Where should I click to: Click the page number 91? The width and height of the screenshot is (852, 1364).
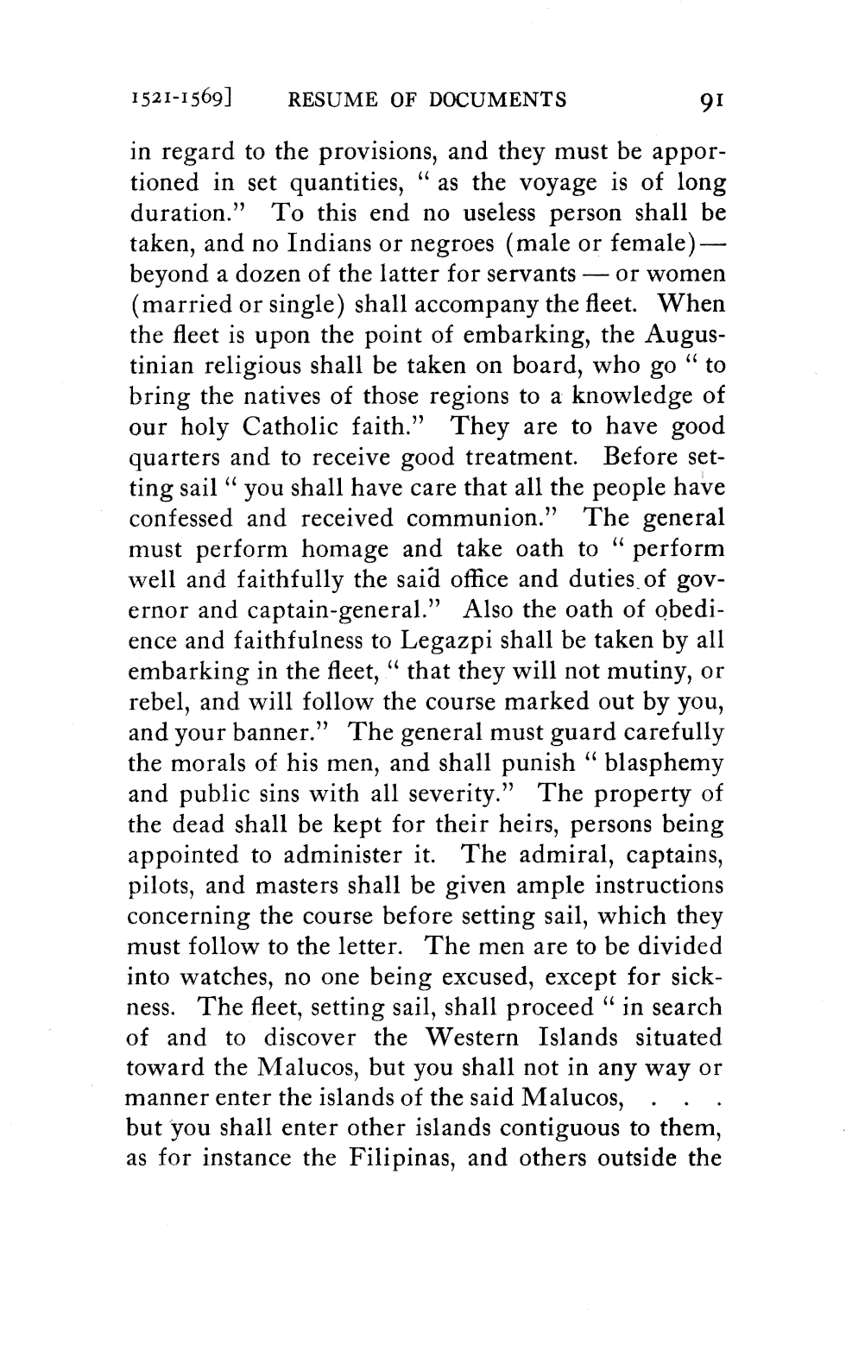tap(706, 99)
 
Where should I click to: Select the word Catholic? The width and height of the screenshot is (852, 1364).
tap(293, 426)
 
